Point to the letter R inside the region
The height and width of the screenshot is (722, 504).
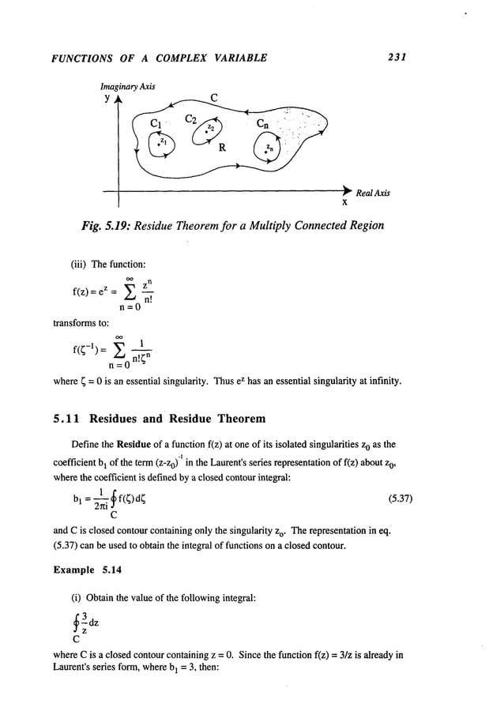[x=224, y=148]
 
